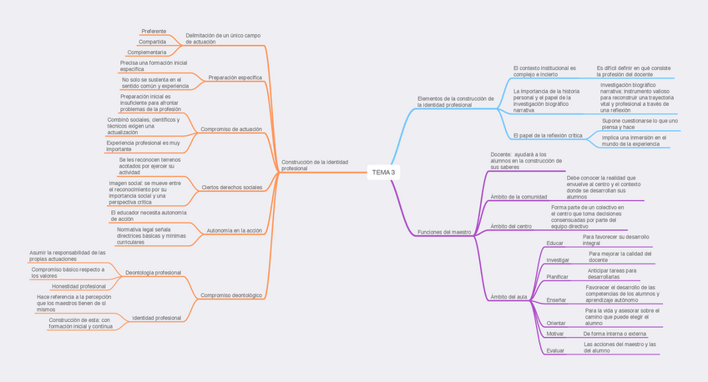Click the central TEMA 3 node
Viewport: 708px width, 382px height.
(x=383, y=173)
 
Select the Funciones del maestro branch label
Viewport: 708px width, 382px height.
(x=444, y=232)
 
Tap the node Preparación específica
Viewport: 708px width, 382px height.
(x=235, y=78)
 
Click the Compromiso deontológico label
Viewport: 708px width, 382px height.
(x=231, y=295)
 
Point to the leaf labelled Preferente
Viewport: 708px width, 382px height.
(x=154, y=31)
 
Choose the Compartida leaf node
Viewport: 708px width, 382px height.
(x=152, y=41)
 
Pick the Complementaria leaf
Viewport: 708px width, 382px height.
(x=152, y=53)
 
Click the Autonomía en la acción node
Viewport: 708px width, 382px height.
(x=234, y=229)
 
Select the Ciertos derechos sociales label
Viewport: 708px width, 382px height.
(x=231, y=188)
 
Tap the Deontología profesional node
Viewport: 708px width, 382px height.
(x=153, y=273)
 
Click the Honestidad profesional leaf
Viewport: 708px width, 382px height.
(x=81, y=286)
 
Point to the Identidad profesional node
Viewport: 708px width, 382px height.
(x=156, y=318)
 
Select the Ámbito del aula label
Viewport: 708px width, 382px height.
(x=509, y=297)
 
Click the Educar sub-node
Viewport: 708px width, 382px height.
(x=554, y=243)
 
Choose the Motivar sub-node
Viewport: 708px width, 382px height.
(x=554, y=334)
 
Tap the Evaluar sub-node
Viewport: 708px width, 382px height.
(x=555, y=350)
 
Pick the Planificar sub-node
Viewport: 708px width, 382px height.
(x=557, y=276)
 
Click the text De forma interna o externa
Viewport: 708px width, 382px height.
(x=615, y=333)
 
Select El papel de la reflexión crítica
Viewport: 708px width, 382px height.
(x=548, y=135)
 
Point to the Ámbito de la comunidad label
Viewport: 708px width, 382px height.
(x=518, y=197)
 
